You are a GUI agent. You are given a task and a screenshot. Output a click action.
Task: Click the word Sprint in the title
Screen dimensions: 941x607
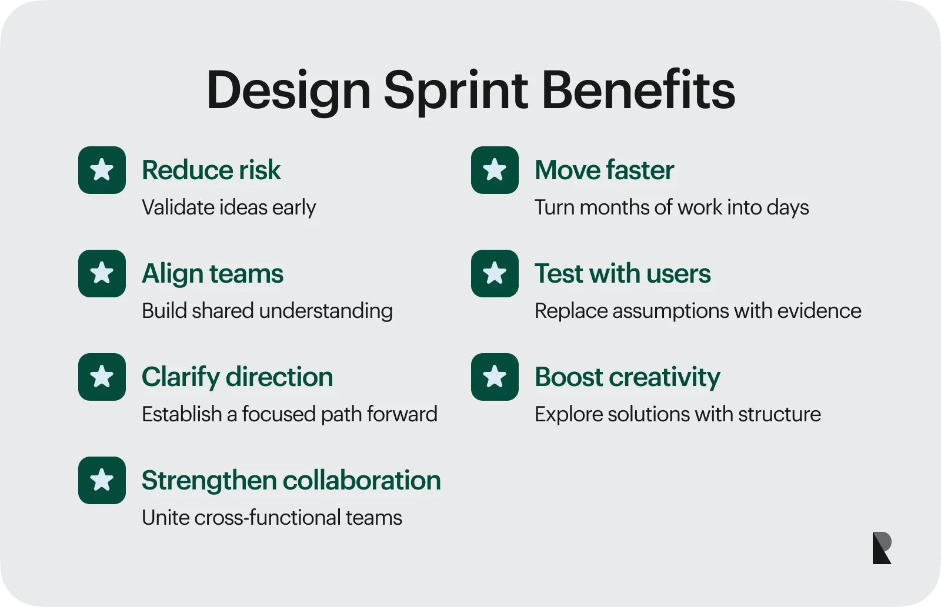(x=455, y=92)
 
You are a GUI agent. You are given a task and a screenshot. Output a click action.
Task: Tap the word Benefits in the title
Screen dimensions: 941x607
(x=639, y=90)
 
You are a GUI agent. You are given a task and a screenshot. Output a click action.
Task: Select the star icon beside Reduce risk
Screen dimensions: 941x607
(x=102, y=170)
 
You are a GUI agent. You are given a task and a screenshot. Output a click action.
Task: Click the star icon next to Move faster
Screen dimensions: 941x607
(x=495, y=170)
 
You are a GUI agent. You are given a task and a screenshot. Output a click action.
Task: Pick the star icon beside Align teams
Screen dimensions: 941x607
(x=102, y=274)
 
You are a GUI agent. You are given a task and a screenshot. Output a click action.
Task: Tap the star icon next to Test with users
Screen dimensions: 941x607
(x=495, y=274)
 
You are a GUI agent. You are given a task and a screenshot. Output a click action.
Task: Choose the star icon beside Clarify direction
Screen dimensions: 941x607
(x=102, y=377)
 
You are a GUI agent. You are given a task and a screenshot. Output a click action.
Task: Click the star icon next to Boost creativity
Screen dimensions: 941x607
(x=495, y=377)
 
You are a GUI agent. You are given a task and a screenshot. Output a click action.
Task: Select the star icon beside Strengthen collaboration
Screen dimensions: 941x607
(x=102, y=480)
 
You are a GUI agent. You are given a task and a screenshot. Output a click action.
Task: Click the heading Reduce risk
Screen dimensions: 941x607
(x=211, y=170)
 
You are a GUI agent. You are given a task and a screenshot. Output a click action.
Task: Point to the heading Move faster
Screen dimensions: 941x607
(x=605, y=170)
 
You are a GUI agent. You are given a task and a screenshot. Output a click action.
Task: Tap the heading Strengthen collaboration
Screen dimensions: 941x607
(x=292, y=480)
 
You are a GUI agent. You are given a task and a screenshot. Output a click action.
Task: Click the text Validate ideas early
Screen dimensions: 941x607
(x=229, y=208)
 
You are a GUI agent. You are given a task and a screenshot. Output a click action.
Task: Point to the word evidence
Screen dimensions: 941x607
(x=819, y=311)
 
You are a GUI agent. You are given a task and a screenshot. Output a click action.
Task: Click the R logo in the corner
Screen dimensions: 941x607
(x=882, y=548)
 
